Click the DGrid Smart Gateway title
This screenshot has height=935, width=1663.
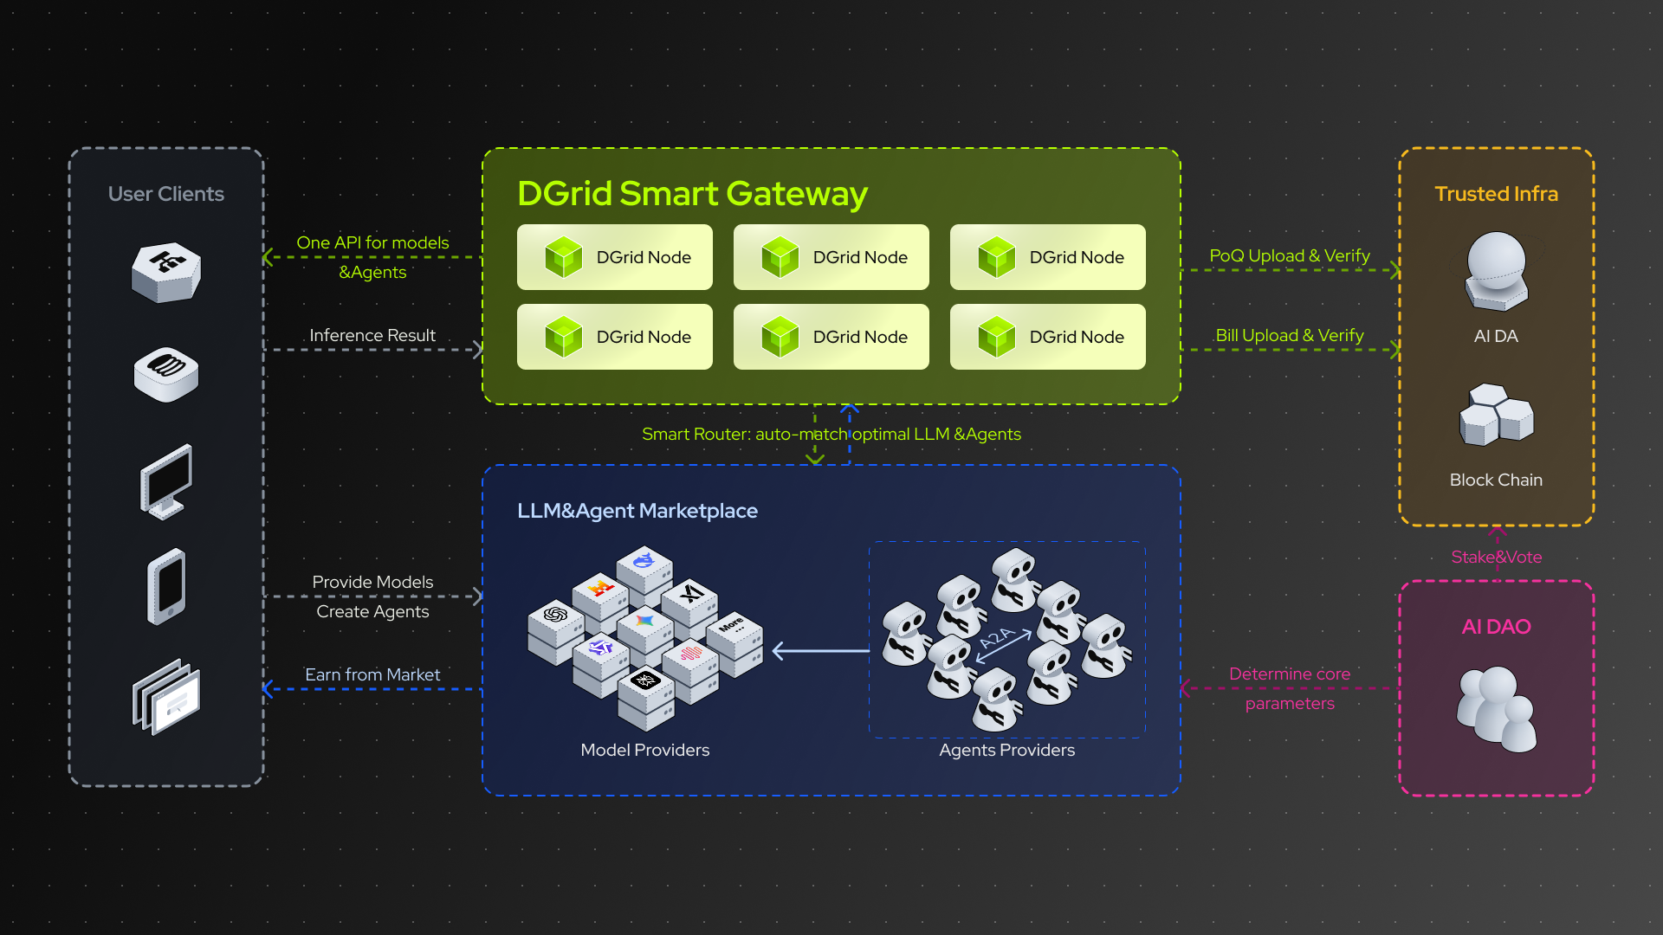[x=691, y=194]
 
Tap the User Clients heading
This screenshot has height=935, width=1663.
[x=165, y=194]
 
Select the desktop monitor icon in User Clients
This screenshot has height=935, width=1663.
[x=166, y=481]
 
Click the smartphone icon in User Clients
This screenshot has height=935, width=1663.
[x=166, y=586]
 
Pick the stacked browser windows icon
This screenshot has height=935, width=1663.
[x=166, y=697]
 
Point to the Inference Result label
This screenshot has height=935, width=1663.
[x=372, y=335]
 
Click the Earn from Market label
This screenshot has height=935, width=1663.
[x=372, y=674]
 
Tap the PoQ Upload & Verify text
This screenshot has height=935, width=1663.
[x=1289, y=255]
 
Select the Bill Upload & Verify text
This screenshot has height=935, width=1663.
[x=1289, y=335]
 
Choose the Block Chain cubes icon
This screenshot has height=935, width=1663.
[x=1496, y=415]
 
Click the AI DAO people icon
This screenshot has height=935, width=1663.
[x=1496, y=708]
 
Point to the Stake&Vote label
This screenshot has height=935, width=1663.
[x=1496, y=557]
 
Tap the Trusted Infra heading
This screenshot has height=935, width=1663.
[x=1496, y=194]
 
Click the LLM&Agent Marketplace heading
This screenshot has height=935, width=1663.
[x=637, y=511]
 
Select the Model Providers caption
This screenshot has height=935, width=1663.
[x=644, y=750]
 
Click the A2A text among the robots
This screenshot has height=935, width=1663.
[x=996, y=639]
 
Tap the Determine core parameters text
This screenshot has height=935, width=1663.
[x=1289, y=688]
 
